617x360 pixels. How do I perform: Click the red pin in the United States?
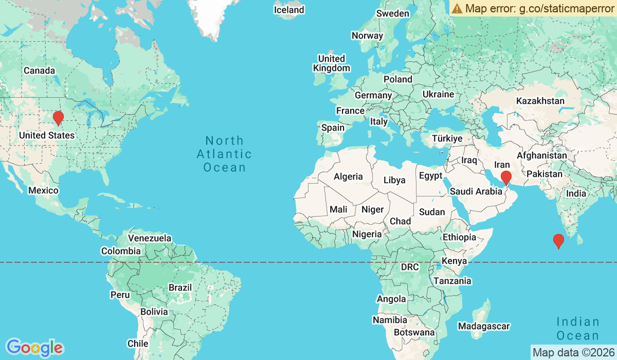coord(59,118)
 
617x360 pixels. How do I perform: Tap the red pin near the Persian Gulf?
coord(506,178)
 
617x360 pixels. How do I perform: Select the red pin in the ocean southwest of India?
coord(558,241)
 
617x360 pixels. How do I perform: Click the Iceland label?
coord(289,10)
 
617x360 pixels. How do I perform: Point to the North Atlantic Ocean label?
coord(224,154)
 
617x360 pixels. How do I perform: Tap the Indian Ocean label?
coord(577,329)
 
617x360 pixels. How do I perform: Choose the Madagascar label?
coord(484,326)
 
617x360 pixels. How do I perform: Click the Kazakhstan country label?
coord(540,101)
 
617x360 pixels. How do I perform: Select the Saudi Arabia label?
coord(476,191)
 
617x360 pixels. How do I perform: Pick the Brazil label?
coord(180,287)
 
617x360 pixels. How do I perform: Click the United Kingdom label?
coord(332,63)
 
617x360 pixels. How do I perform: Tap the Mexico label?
coord(43,190)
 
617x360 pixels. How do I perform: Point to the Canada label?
coord(39,70)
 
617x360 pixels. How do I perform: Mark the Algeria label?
coord(348,176)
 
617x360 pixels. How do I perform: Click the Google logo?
coord(34,348)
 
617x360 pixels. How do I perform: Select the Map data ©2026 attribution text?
coord(573,352)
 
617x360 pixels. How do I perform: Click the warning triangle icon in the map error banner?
coord(457,8)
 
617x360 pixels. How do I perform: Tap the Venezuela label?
coord(150,238)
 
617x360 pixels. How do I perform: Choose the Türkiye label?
coord(447,138)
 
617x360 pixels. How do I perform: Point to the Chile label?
coord(138,343)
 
